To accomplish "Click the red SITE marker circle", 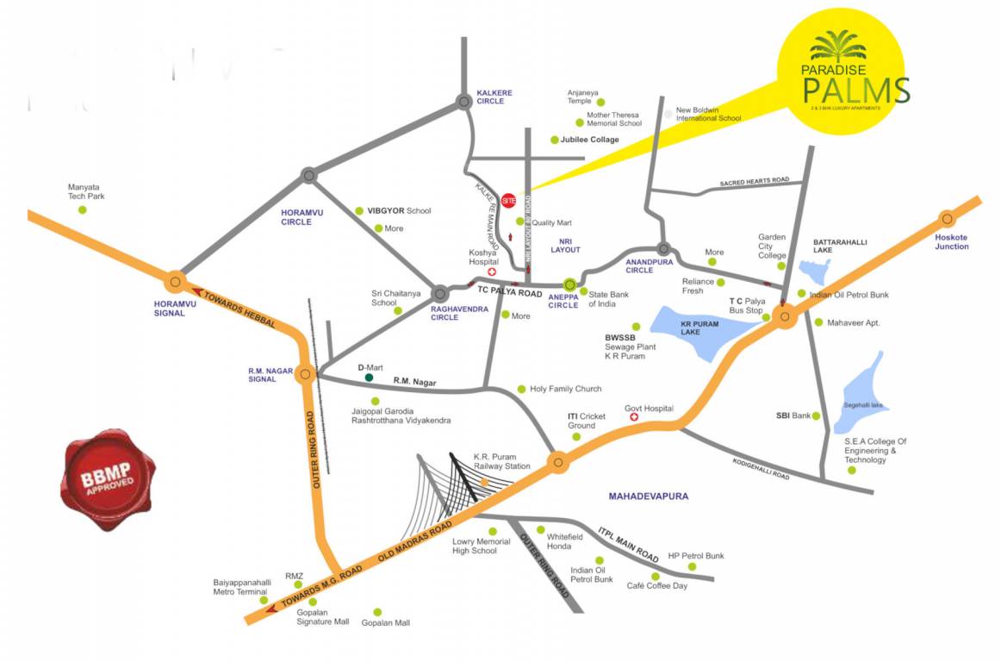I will coord(509,199).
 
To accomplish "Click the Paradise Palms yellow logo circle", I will coord(842,71).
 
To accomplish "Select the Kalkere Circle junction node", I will coord(464,102).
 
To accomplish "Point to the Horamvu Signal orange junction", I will coord(176,281).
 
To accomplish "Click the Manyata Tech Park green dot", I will coord(83,209).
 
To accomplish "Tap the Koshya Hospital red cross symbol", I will coord(492,272).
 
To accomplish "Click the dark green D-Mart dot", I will coord(369,378).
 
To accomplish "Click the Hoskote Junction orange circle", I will coord(948,219).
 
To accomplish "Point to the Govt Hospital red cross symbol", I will coord(635,418).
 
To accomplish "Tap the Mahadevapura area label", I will coord(649,496).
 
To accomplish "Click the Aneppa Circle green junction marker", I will coord(569,284).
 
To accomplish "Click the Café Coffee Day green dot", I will coord(656,576).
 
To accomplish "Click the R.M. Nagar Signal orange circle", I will coord(304,374).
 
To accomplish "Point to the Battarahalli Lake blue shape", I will coord(814,270).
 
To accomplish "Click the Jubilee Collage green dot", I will coord(554,140).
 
